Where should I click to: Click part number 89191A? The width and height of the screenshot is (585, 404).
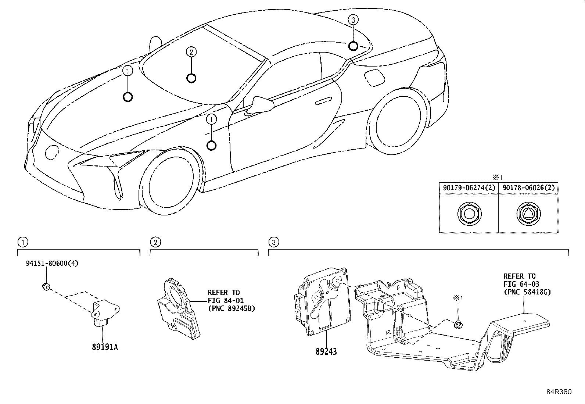(x=105, y=347)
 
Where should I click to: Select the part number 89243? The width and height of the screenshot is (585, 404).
(x=326, y=352)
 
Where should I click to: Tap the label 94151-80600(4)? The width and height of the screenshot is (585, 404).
(x=52, y=263)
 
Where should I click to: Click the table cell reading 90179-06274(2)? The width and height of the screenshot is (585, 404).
(x=469, y=188)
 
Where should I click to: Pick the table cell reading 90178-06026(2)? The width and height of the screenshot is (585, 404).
(x=528, y=188)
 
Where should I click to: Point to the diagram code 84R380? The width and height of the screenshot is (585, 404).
(x=559, y=392)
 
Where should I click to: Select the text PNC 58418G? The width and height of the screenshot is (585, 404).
(x=530, y=292)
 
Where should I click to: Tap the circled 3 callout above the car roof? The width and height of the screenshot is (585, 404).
(x=353, y=20)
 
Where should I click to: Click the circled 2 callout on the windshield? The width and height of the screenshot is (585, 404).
(x=191, y=52)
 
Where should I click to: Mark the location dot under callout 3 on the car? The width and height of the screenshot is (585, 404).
(x=353, y=46)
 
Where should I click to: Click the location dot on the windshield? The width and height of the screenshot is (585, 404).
(x=191, y=78)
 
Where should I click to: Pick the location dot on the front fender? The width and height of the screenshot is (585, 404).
(x=211, y=146)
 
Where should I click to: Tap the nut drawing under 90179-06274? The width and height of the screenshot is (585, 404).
(x=469, y=214)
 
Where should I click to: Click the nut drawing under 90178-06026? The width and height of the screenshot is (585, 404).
(x=528, y=214)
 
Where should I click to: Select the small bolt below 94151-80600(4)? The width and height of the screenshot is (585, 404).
(x=46, y=287)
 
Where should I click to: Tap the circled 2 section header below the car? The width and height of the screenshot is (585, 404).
(x=155, y=242)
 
